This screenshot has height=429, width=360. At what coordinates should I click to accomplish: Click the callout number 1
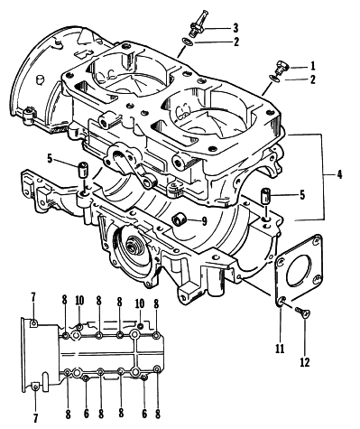313,65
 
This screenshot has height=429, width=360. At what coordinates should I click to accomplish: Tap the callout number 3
235,28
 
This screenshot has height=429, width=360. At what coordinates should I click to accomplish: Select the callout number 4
339,174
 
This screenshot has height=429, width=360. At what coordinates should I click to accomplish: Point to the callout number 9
204,221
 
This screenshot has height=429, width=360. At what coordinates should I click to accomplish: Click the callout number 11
280,349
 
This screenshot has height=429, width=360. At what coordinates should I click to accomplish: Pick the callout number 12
305,362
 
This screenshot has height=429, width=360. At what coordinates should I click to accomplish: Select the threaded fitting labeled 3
197,24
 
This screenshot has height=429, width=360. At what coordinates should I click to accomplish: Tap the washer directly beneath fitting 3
188,42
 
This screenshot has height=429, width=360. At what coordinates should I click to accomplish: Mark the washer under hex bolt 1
274,78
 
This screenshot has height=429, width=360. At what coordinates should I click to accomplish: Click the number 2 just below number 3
235,42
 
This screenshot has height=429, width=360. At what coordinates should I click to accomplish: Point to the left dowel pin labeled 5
83,170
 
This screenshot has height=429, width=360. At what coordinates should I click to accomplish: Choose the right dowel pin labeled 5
265,196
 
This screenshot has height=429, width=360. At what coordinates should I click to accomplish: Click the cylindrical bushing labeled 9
180,219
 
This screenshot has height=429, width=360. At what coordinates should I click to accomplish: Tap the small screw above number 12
302,312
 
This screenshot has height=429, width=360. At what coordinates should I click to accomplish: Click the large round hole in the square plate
299,270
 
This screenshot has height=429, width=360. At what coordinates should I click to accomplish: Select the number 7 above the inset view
33,297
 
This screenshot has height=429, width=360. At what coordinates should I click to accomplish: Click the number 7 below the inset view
35,417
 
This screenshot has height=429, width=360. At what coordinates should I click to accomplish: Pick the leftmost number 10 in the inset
79,300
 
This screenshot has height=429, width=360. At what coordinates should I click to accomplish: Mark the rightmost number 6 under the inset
144,414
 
